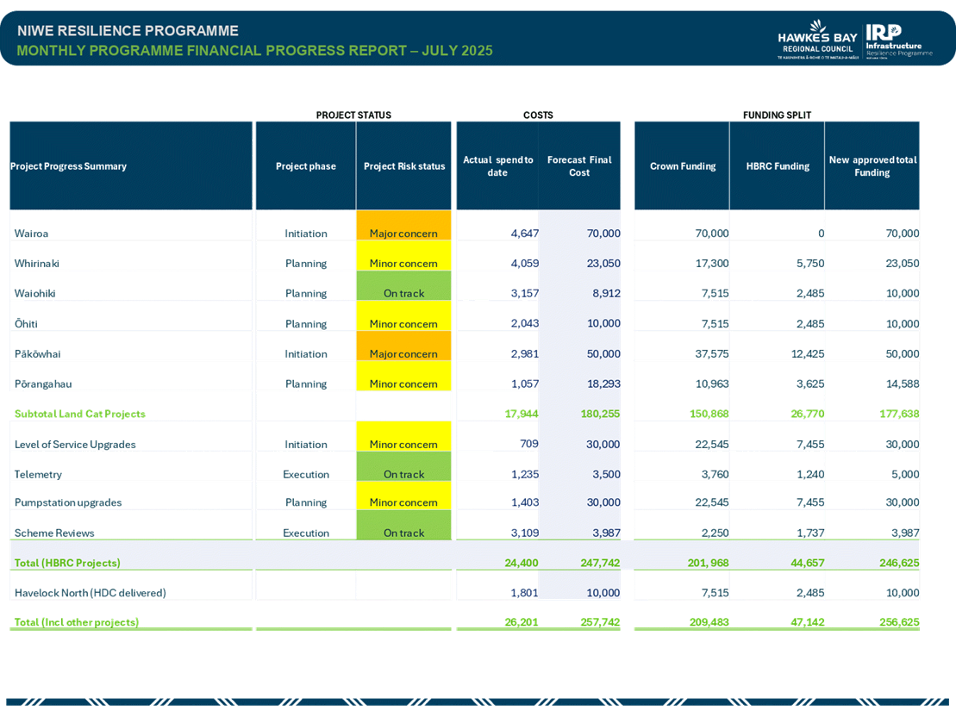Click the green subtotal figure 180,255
tap(600, 414)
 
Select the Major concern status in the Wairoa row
tap(403, 234)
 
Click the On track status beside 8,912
tap(403, 293)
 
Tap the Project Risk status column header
tap(403, 166)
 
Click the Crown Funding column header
tap(683, 166)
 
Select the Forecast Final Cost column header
tap(579, 166)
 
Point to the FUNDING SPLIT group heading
tap(777, 115)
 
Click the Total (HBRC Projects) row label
tap(67, 563)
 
